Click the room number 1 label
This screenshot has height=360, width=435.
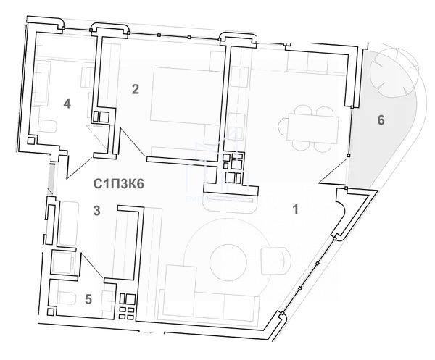pyautogui.click(x=296, y=209)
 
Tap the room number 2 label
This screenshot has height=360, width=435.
pyautogui.click(x=136, y=89)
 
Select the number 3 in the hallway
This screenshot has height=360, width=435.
pyautogui.click(x=96, y=211)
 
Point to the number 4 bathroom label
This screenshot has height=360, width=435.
pyautogui.click(x=67, y=104)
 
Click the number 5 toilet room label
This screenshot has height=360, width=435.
pyautogui.click(x=88, y=299)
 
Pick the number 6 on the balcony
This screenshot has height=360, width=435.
pyautogui.click(x=381, y=120)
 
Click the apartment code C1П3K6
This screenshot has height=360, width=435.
pyautogui.click(x=118, y=184)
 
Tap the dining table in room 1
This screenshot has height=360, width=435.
pyautogui.click(x=312, y=129)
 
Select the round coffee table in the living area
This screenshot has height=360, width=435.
pyautogui.click(x=228, y=262)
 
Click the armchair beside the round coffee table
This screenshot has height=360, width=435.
pyautogui.click(x=276, y=261)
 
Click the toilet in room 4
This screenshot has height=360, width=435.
pyautogui.click(x=48, y=126)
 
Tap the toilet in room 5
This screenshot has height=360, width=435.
pyautogui.click(x=67, y=298)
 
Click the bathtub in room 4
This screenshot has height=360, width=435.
pyautogui.click(x=42, y=83)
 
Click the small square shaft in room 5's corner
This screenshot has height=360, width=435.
pyautogui.click(x=51, y=311)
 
